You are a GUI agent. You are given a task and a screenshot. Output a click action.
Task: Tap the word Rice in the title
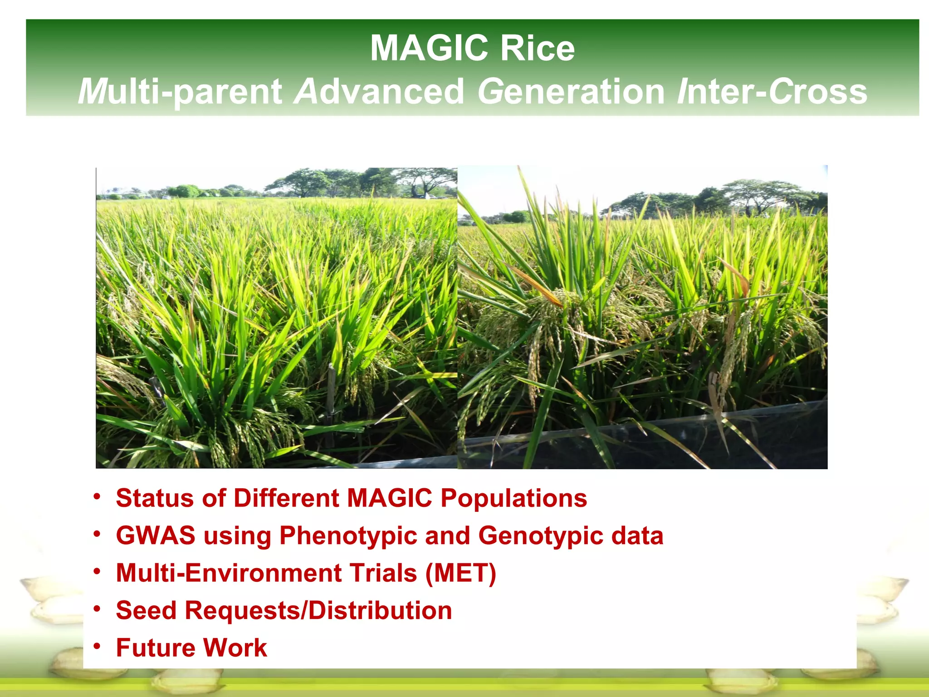pos(537,48)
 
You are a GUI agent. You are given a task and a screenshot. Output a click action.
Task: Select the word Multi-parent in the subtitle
pos(180,92)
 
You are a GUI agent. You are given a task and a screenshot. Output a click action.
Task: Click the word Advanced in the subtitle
pos(379,92)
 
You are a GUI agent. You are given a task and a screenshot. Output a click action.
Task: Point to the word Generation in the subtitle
pos(571,92)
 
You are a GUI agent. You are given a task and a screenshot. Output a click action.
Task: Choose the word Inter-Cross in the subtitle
pos(772,92)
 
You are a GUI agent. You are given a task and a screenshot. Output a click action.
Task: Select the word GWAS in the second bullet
pos(155,535)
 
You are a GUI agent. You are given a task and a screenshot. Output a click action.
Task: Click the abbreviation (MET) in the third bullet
pos(460,573)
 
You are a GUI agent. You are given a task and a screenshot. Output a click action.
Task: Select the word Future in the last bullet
pos(155,648)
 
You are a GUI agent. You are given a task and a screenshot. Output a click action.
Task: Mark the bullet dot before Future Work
pos(97,646)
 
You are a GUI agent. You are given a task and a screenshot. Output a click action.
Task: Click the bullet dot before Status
pos(97,496)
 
